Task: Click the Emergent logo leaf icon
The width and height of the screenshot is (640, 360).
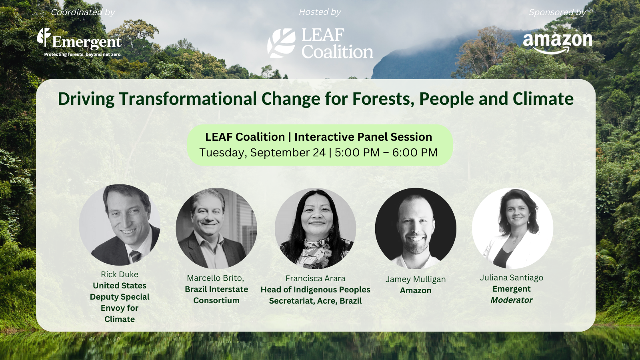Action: click(44, 37)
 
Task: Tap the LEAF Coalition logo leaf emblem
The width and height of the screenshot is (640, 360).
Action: click(281, 43)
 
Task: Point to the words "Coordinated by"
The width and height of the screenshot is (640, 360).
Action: click(83, 12)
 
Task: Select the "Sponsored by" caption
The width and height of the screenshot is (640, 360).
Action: click(557, 12)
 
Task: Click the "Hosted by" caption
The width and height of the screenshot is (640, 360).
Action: click(320, 12)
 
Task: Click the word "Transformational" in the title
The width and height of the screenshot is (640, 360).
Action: click(188, 99)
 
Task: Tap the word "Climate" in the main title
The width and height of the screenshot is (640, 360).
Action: click(543, 99)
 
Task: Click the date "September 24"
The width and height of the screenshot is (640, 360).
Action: click(288, 152)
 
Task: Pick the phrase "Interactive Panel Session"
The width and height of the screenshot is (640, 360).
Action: click(363, 137)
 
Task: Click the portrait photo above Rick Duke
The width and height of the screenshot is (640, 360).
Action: click(120, 225)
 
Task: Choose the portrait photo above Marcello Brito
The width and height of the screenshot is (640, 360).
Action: click(216, 228)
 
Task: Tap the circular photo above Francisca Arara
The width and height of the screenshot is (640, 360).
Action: click(315, 228)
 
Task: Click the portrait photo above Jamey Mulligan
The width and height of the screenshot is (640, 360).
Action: click(416, 228)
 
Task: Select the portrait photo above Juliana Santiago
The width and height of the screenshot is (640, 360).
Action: click(512, 228)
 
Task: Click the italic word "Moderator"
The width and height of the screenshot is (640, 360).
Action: click(512, 300)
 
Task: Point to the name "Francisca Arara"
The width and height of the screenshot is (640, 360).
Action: click(315, 278)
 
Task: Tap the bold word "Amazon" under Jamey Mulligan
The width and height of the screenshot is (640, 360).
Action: click(416, 290)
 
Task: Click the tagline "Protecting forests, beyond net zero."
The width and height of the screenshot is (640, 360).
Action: click(83, 54)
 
